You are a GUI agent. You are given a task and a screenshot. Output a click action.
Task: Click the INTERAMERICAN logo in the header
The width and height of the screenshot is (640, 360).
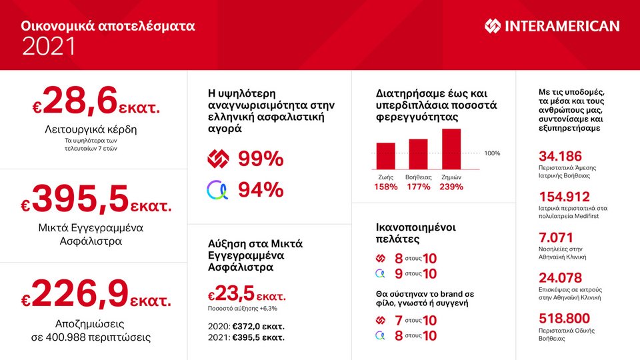(552, 27)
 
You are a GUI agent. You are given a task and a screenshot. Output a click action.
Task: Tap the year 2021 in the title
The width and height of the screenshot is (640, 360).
(49, 47)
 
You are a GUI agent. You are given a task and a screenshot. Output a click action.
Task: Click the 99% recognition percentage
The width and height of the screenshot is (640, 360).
(261, 159)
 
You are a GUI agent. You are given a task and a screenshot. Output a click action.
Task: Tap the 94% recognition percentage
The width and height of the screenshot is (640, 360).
(261, 190)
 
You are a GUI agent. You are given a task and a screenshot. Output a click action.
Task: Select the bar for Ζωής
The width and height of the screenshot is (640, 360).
(386, 156)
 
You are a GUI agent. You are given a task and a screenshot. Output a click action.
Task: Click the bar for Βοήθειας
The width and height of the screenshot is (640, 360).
(418, 154)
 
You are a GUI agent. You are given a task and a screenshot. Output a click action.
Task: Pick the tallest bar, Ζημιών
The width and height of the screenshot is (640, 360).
(451, 149)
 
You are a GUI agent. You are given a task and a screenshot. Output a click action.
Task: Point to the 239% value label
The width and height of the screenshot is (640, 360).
(451, 187)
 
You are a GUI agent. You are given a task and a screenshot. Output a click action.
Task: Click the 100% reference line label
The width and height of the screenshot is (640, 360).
(492, 153)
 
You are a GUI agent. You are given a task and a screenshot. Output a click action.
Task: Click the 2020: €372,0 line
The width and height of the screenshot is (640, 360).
(247, 326)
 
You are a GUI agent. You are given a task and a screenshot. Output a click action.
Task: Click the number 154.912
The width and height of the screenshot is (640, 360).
(565, 197)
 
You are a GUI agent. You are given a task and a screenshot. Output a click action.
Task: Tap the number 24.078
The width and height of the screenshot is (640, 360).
(560, 278)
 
